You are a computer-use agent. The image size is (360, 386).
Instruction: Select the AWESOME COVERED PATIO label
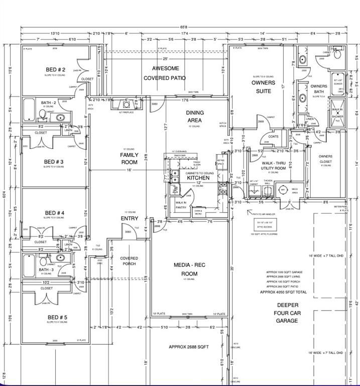(165, 73)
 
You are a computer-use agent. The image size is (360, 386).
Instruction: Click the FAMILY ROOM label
(129, 159)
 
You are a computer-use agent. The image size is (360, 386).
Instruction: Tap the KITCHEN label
(198, 178)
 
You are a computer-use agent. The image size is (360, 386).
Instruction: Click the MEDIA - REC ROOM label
(185, 269)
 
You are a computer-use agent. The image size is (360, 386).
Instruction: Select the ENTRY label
(130, 219)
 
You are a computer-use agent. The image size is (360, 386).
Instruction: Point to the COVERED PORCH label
(129, 261)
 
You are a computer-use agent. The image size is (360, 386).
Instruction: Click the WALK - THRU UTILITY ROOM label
(274, 165)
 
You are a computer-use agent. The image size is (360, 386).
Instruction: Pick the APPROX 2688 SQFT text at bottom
(188, 347)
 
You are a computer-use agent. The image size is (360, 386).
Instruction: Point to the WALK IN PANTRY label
(181, 205)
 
